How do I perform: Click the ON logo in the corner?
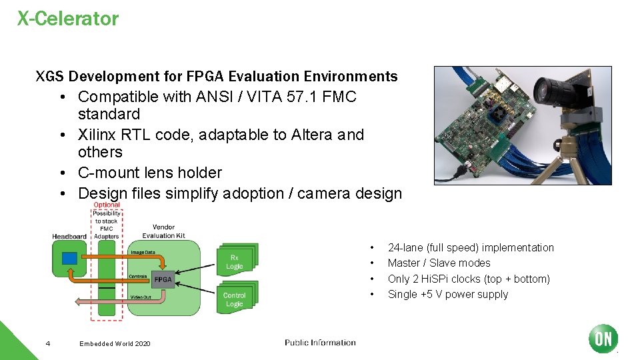[x=603, y=339]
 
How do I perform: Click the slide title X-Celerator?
[x=68, y=19]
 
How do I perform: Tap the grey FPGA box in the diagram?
[x=163, y=279]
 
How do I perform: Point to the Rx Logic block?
[x=235, y=262]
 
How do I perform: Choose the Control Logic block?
[x=235, y=299]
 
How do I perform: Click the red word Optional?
[x=107, y=205]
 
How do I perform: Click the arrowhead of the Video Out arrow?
[x=77, y=301]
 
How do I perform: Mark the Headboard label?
[x=69, y=236]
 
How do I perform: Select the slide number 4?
[x=47, y=343]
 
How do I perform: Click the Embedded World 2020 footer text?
[x=115, y=343]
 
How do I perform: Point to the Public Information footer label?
[x=320, y=343]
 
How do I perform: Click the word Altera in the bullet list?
[x=312, y=135]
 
